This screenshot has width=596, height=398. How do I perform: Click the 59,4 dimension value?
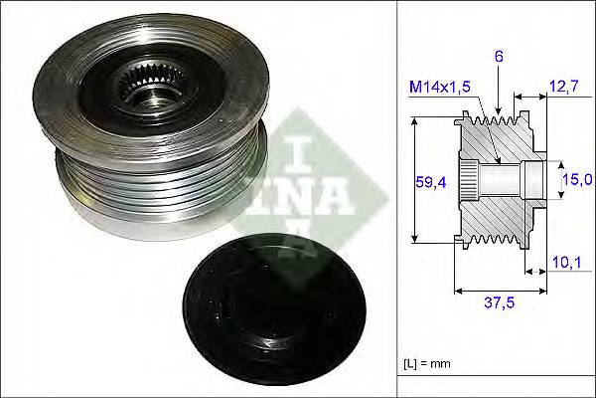430,181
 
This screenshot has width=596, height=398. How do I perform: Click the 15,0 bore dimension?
577,179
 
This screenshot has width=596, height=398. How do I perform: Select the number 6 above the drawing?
500,58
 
